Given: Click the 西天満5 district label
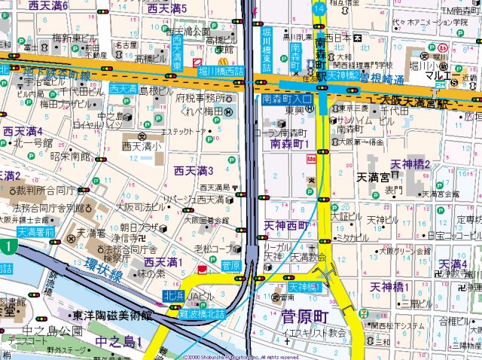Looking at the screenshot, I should point(178,8).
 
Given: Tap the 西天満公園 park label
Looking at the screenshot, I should point(188,32).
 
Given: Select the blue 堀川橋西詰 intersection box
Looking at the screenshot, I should point(221,71).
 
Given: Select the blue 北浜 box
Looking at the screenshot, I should point(174,295).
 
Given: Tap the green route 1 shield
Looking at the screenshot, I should point(6,246).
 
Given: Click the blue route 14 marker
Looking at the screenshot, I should point(319,7).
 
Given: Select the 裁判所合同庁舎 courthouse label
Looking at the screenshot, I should point(50,191).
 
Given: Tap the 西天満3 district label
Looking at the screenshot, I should point(194,169).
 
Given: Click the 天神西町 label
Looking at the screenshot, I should point(287,225).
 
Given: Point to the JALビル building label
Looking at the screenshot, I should point(202,295).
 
